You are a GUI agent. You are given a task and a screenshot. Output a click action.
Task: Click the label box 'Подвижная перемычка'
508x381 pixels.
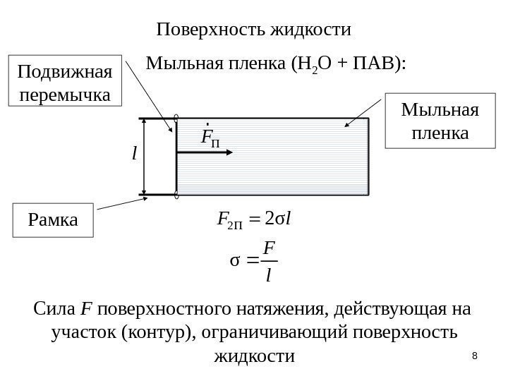(64, 82)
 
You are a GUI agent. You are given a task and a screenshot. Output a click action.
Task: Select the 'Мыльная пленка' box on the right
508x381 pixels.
(439, 121)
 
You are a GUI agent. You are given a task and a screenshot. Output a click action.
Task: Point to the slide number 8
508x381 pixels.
(474, 356)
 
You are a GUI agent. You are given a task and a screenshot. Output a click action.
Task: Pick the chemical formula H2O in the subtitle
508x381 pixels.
(310, 66)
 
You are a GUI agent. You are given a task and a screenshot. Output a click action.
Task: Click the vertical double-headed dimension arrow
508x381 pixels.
(145, 157)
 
